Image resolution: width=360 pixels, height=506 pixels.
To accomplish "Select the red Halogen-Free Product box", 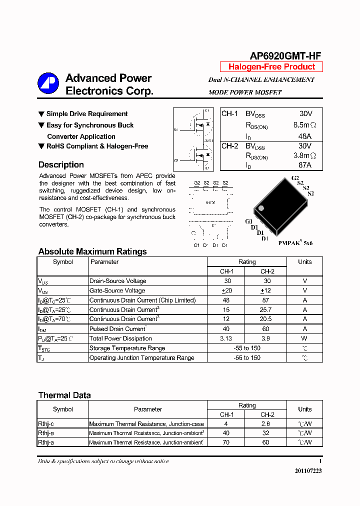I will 271,67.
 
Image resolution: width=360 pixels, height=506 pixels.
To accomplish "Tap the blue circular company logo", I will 48,84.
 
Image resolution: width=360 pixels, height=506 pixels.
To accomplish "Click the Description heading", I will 61,164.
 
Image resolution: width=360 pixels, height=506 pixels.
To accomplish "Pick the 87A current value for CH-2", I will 304,165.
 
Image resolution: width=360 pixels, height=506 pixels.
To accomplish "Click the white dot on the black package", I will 260,208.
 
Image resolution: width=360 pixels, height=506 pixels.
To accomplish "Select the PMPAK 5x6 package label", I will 295,243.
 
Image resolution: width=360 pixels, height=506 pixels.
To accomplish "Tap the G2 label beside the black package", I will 295,178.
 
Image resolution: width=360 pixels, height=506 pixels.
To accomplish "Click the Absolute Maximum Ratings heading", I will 92,251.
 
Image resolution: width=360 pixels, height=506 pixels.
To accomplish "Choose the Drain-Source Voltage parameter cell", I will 117,281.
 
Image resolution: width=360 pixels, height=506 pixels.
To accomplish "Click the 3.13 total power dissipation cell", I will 226,338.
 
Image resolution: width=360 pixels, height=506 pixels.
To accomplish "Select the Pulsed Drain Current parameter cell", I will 117,329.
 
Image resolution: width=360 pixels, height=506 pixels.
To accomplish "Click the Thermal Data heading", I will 64,395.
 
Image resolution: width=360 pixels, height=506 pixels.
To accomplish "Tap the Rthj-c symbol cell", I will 45,423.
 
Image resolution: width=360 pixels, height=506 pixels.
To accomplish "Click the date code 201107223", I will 308,471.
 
